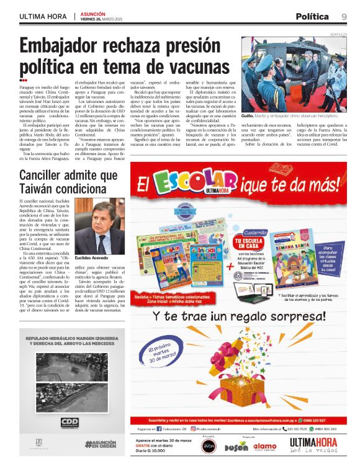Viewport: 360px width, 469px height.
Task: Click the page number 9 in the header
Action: pos(343,17)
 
